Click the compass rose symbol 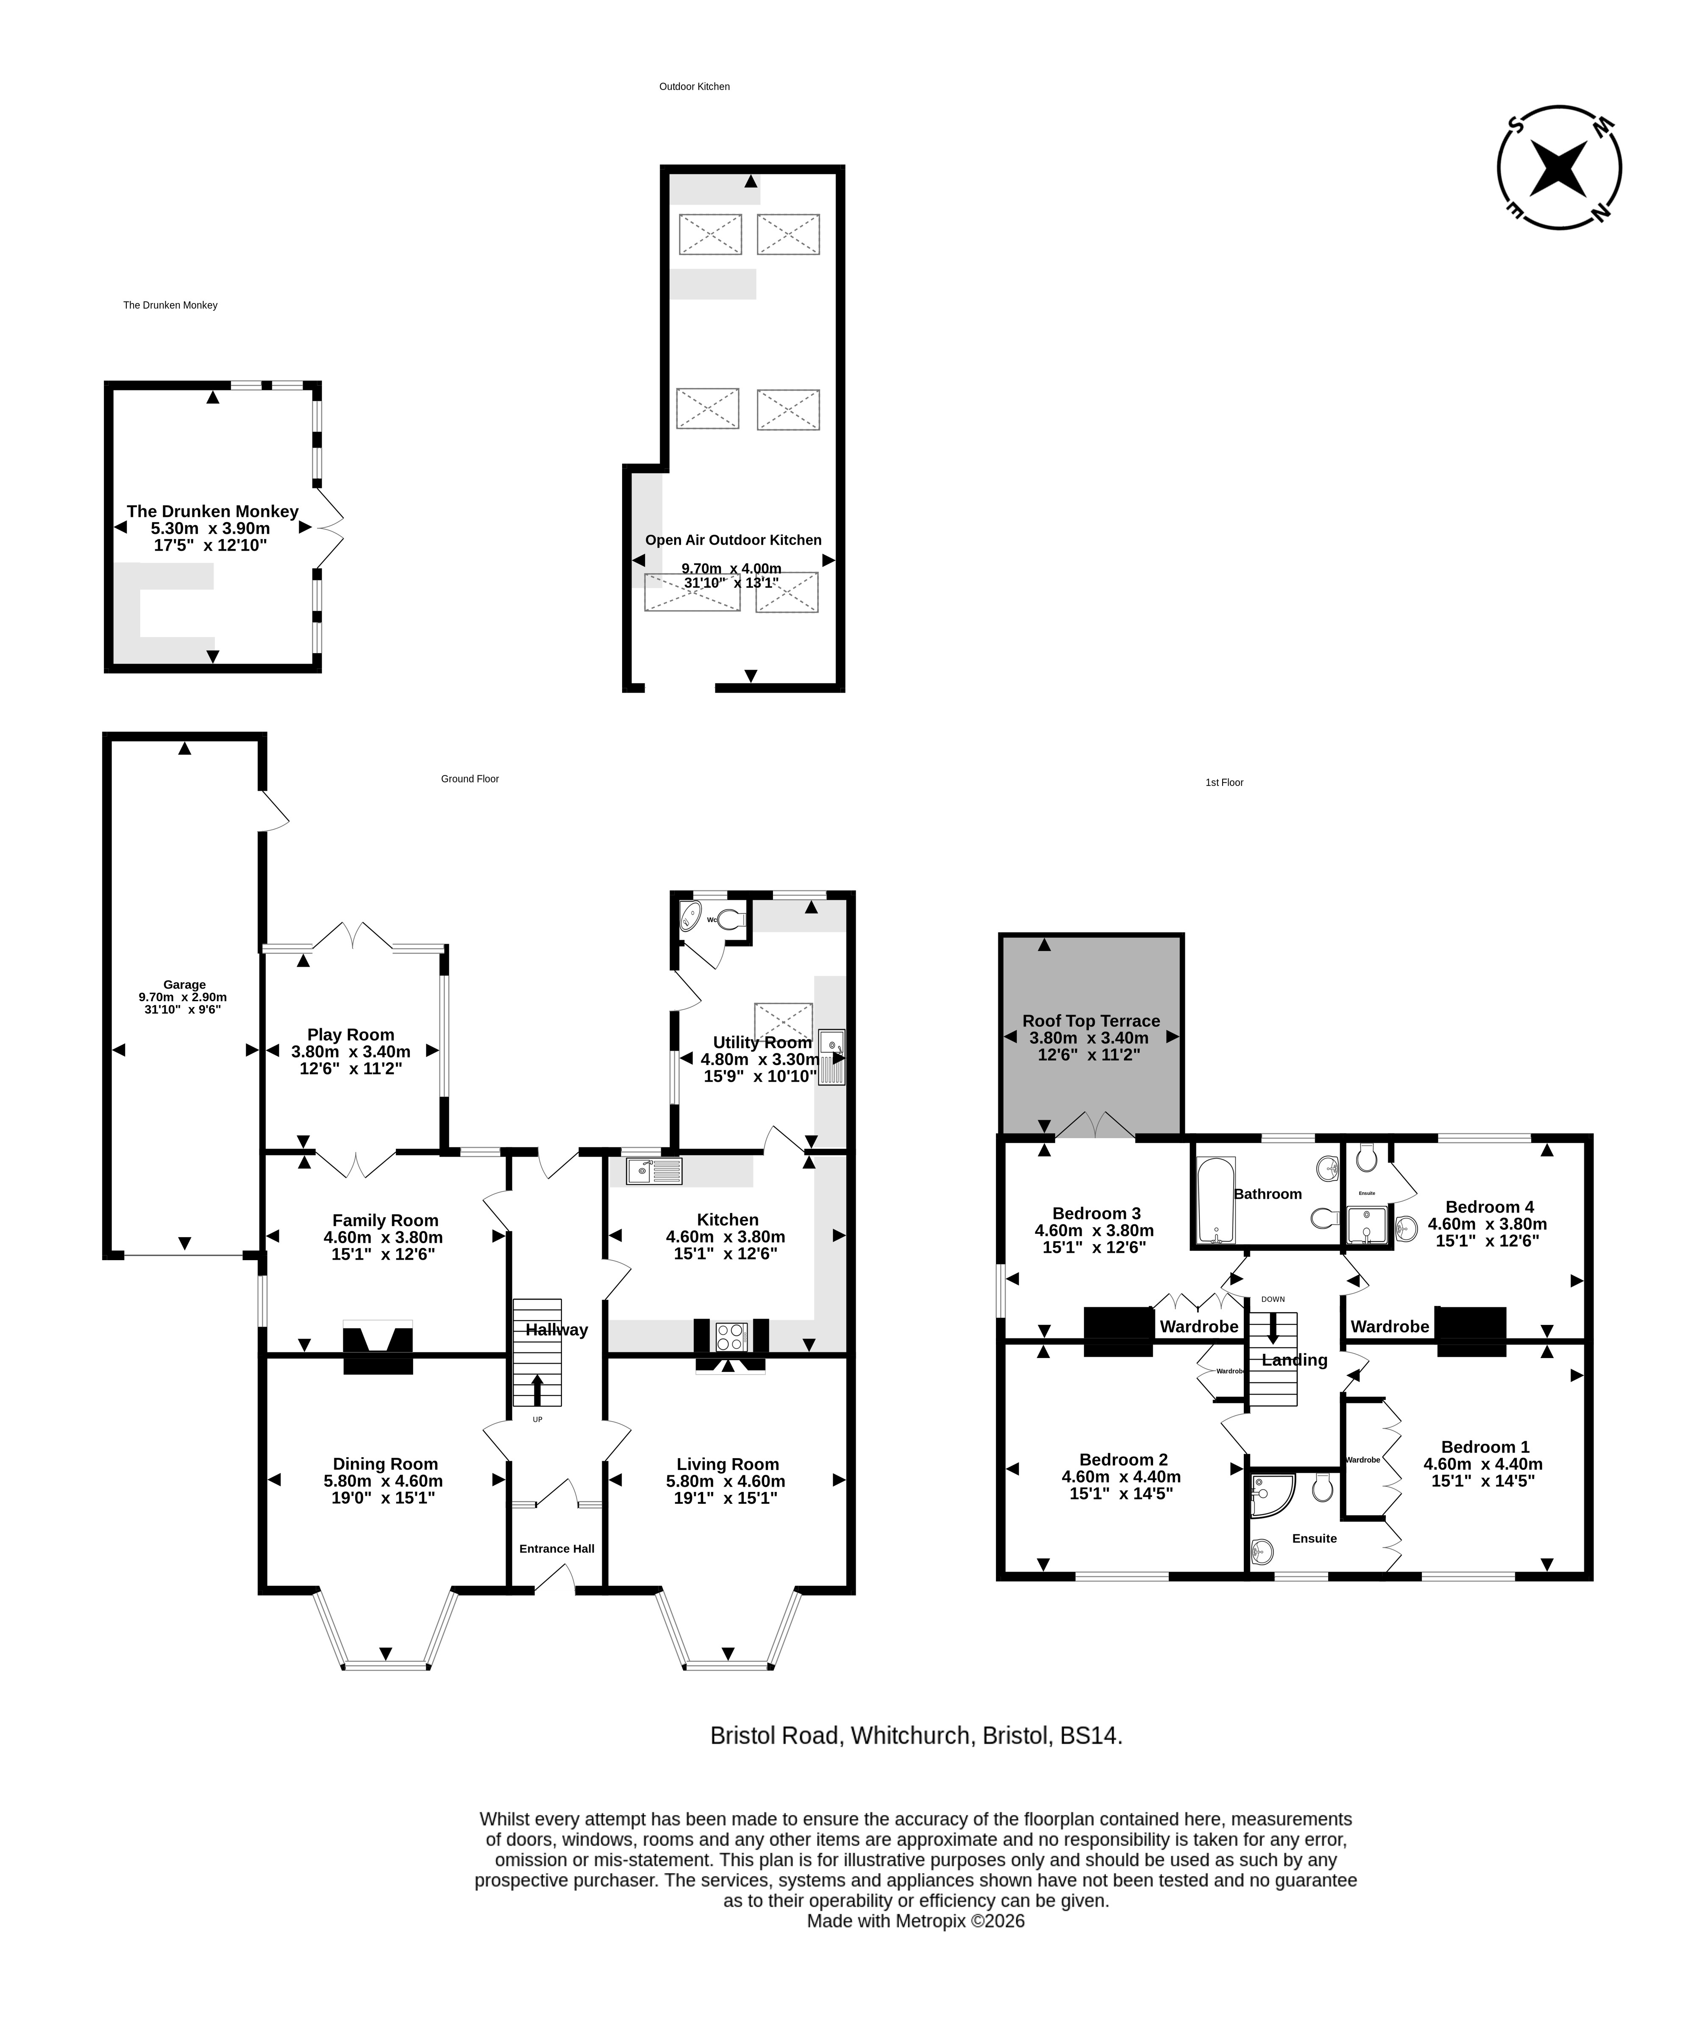(x=1559, y=167)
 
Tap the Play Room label (x=350, y=1035)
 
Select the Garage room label (x=184, y=985)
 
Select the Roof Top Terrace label (x=1091, y=1021)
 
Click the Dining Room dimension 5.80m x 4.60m (x=384, y=1481)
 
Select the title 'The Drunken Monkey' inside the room (x=212, y=511)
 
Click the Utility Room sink (x=831, y=1058)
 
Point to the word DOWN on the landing (x=1273, y=1300)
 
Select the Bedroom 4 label (x=1489, y=1207)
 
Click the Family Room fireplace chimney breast (x=378, y=1350)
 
